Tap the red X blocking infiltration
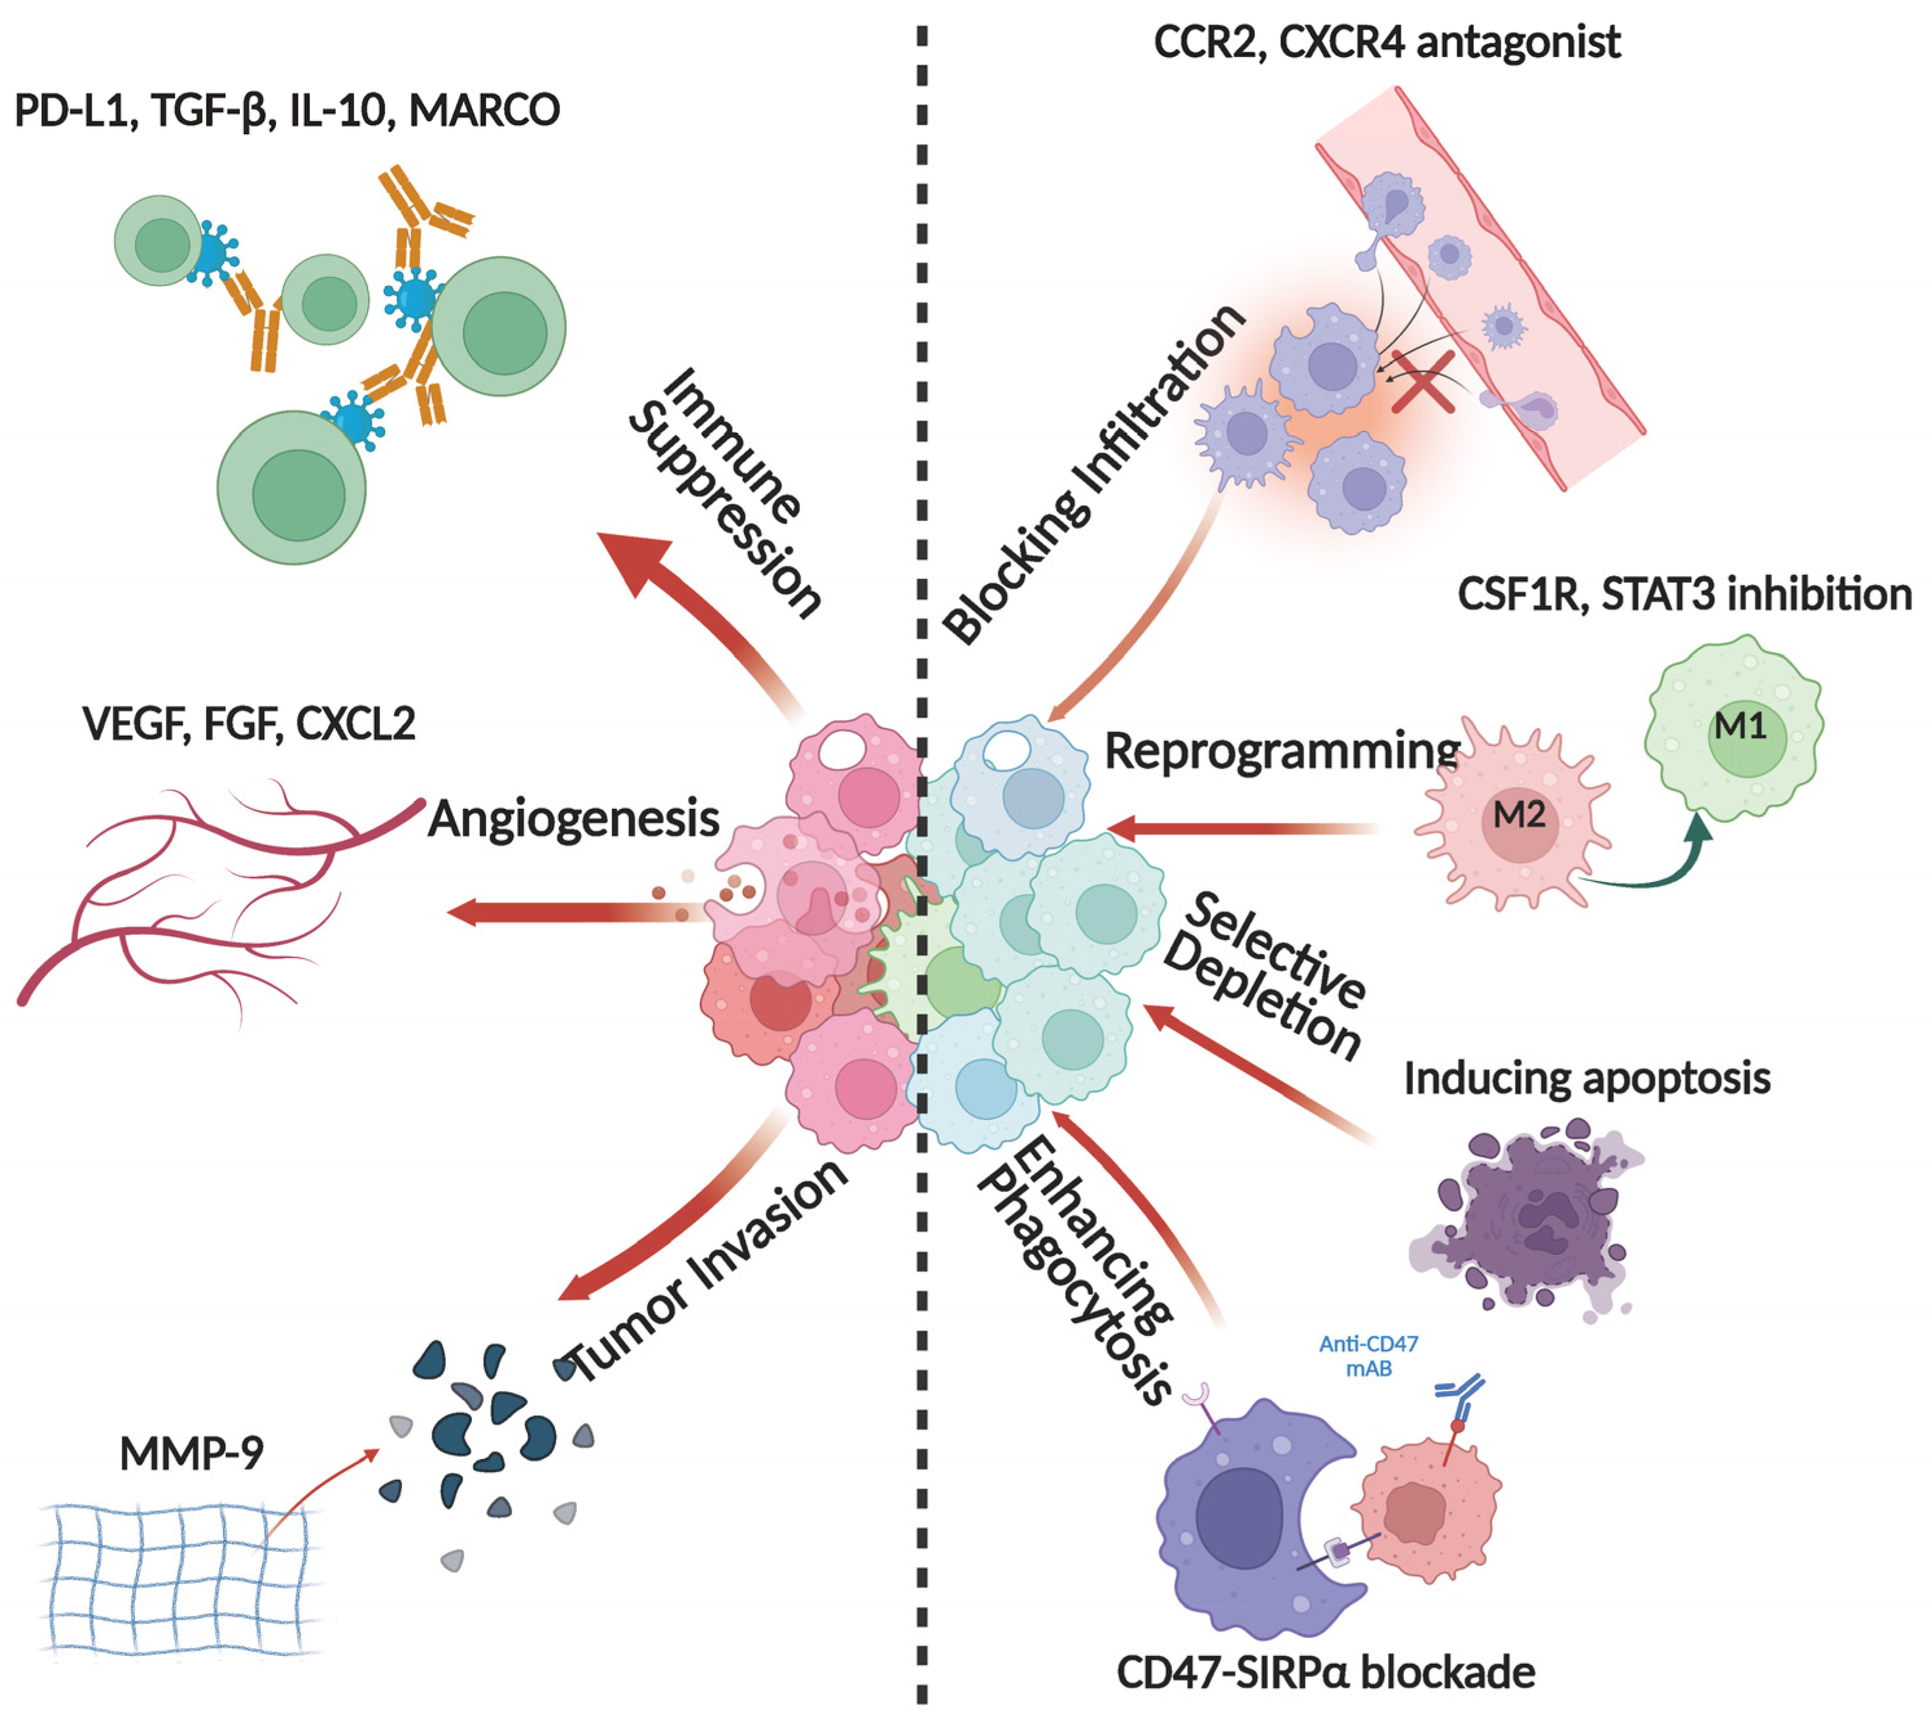pos(1424,382)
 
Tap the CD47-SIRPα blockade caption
pos(1326,1673)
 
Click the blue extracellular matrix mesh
pos(180,1576)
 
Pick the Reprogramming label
pos(1281,752)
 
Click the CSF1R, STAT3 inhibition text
pos(1684,595)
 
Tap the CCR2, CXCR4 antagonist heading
pos(1386,43)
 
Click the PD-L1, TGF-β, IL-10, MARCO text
pos(287,111)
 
